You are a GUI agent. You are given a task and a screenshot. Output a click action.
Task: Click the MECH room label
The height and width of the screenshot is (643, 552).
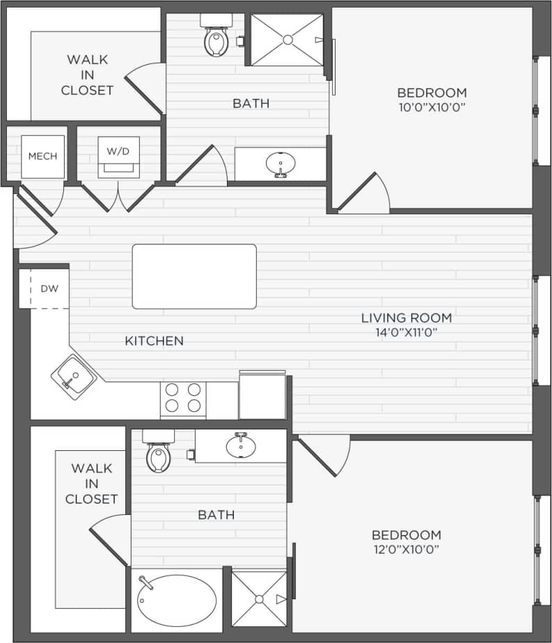tap(42, 157)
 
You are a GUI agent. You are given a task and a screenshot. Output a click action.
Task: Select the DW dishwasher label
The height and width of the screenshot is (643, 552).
tap(49, 288)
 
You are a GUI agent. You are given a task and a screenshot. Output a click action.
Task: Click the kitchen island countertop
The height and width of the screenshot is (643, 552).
tap(194, 276)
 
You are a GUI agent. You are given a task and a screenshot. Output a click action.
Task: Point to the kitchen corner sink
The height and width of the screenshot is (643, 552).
tap(73, 376)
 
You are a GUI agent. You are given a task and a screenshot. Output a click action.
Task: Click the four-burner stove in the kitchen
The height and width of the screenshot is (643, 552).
tap(183, 399)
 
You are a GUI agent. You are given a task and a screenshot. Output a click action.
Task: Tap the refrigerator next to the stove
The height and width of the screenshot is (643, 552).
tap(262, 396)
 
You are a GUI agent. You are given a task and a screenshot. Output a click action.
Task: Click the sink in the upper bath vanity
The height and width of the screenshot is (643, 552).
tap(281, 164)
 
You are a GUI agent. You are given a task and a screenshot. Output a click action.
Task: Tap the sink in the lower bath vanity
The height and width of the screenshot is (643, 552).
tap(241, 446)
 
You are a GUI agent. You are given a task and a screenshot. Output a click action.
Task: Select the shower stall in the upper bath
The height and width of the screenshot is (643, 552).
tap(287, 40)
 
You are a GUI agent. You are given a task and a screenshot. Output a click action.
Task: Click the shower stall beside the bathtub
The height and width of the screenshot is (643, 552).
tap(259, 598)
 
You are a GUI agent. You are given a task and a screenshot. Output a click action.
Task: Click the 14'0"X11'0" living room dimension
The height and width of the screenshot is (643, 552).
tap(406, 333)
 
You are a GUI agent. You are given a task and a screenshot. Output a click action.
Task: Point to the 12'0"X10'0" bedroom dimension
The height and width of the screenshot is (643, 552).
tap(406, 550)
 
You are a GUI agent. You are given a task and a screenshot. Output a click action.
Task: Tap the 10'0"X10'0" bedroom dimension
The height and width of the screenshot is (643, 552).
tap(431, 107)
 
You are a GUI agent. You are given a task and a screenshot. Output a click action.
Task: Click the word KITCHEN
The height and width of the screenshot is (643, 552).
tap(155, 341)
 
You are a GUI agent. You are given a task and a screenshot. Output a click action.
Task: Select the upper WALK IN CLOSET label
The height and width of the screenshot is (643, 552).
tap(87, 75)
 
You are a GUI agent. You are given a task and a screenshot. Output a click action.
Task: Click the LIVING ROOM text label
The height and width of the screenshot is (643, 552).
tap(406, 318)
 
